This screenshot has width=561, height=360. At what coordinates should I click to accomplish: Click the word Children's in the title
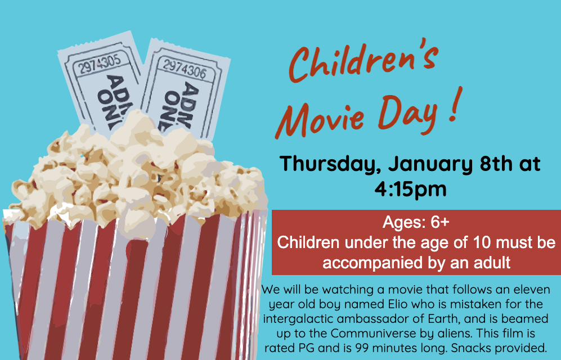pos(363,60)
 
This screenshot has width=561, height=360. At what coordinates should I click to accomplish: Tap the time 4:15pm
pos(410,188)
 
